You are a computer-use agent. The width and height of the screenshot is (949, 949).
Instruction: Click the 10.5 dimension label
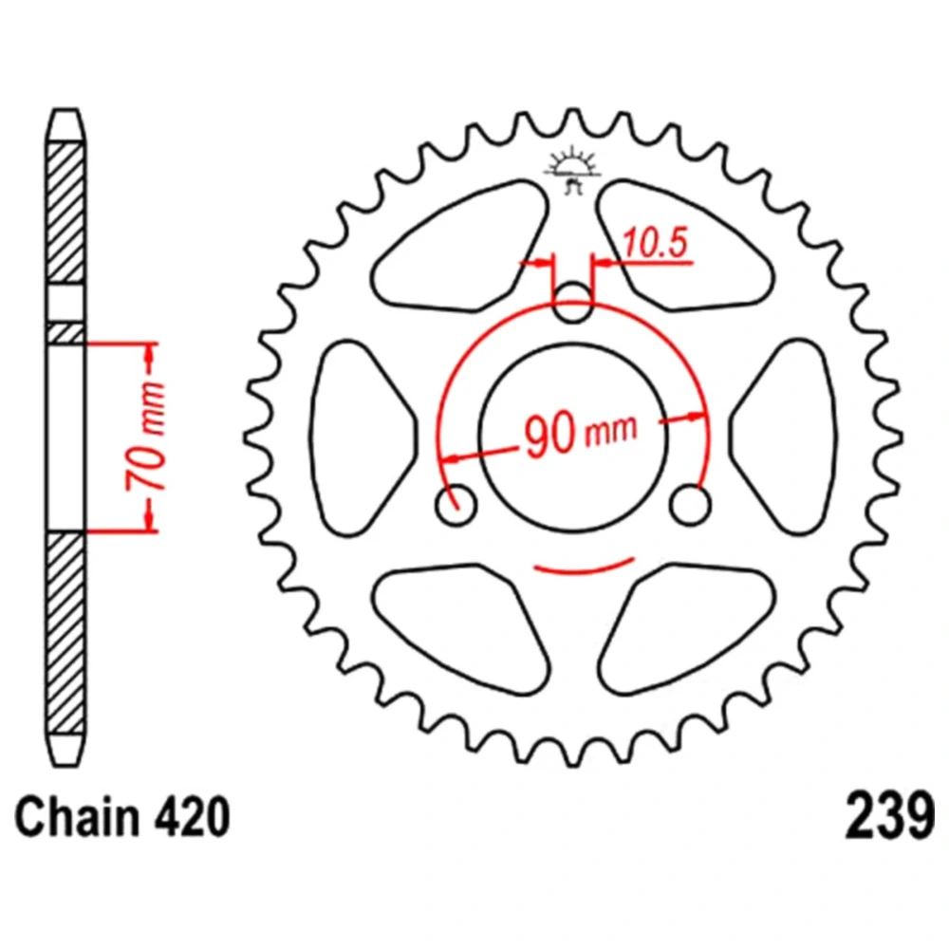(x=656, y=242)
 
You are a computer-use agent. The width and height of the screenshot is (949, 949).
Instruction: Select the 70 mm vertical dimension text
(x=146, y=437)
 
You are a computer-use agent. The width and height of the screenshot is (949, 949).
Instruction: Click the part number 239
(x=889, y=817)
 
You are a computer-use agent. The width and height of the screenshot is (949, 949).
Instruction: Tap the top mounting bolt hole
(x=572, y=302)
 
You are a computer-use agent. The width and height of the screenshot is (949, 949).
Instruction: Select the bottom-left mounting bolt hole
(x=456, y=504)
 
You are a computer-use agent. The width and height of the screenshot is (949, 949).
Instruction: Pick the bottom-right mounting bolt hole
(x=691, y=504)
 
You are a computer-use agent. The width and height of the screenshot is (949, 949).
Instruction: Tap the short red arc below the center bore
(x=583, y=570)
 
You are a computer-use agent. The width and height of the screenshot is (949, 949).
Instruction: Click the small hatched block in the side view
(x=65, y=334)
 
